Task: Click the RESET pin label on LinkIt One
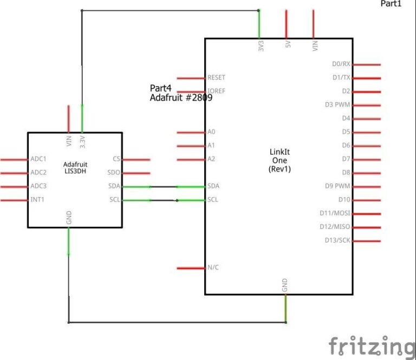click(x=216, y=77)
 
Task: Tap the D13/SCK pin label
click(x=337, y=240)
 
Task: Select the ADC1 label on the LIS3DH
click(x=38, y=159)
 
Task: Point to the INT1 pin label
click(x=37, y=199)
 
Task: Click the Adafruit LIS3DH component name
click(x=75, y=168)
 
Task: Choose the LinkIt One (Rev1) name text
click(x=279, y=160)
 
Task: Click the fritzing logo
click(x=372, y=346)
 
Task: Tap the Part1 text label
click(x=391, y=3)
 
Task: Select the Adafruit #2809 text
click(x=181, y=97)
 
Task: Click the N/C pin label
click(x=213, y=267)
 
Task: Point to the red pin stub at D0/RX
click(x=367, y=64)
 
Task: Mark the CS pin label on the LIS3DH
click(x=116, y=159)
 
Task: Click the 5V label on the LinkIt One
click(x=288, y=44)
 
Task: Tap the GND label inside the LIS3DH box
click(x=69, y=218)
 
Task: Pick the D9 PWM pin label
click(x=337, y=186)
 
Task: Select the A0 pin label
click(x=211, y=132)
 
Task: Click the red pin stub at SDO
click(x=136, y=173)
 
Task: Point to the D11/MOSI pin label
click(x=335, y=213)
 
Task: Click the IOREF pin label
click(x=216, y=91)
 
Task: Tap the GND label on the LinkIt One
click(x=285, y=285)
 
